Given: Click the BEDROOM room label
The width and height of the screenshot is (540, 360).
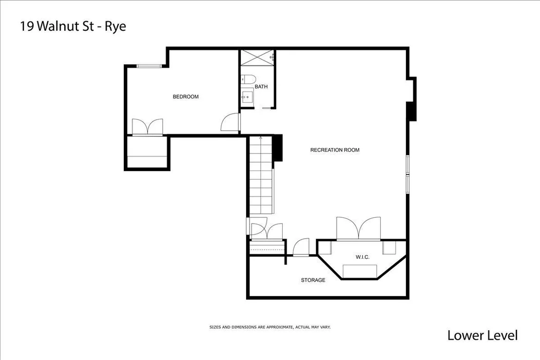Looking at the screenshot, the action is coord(186,97).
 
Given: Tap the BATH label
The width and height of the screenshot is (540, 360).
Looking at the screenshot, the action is coord(261,87).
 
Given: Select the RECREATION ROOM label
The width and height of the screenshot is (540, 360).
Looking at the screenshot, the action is coord(335,150).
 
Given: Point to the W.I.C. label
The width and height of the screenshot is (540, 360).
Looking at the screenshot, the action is coord(362,257).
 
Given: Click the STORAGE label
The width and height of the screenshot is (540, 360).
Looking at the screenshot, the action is coord(313,280).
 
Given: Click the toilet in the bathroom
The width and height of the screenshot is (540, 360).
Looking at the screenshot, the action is coord(248,79).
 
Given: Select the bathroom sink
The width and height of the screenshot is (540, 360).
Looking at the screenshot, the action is coord(247,97).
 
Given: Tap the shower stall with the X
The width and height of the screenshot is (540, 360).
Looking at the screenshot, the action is coord(257,57).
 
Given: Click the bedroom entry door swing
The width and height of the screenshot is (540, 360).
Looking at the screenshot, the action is coord(230,122).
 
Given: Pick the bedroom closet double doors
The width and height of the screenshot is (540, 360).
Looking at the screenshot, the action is coord(147,127).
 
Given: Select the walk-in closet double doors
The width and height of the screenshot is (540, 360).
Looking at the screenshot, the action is coord(359,228).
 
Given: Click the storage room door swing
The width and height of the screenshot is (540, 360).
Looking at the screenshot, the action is coord(301,247).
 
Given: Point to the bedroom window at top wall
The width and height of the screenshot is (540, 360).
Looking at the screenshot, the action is coord(149,66).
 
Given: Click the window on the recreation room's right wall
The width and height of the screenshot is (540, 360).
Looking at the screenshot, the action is coord(408,174).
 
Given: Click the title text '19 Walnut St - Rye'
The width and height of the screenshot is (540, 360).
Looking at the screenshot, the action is coord(73,26).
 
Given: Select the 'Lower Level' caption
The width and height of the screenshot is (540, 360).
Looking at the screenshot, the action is coord(482,335).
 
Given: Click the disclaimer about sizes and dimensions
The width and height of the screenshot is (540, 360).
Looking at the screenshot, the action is coord(270,327).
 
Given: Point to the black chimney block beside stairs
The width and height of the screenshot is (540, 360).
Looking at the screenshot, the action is coord(278,148).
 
